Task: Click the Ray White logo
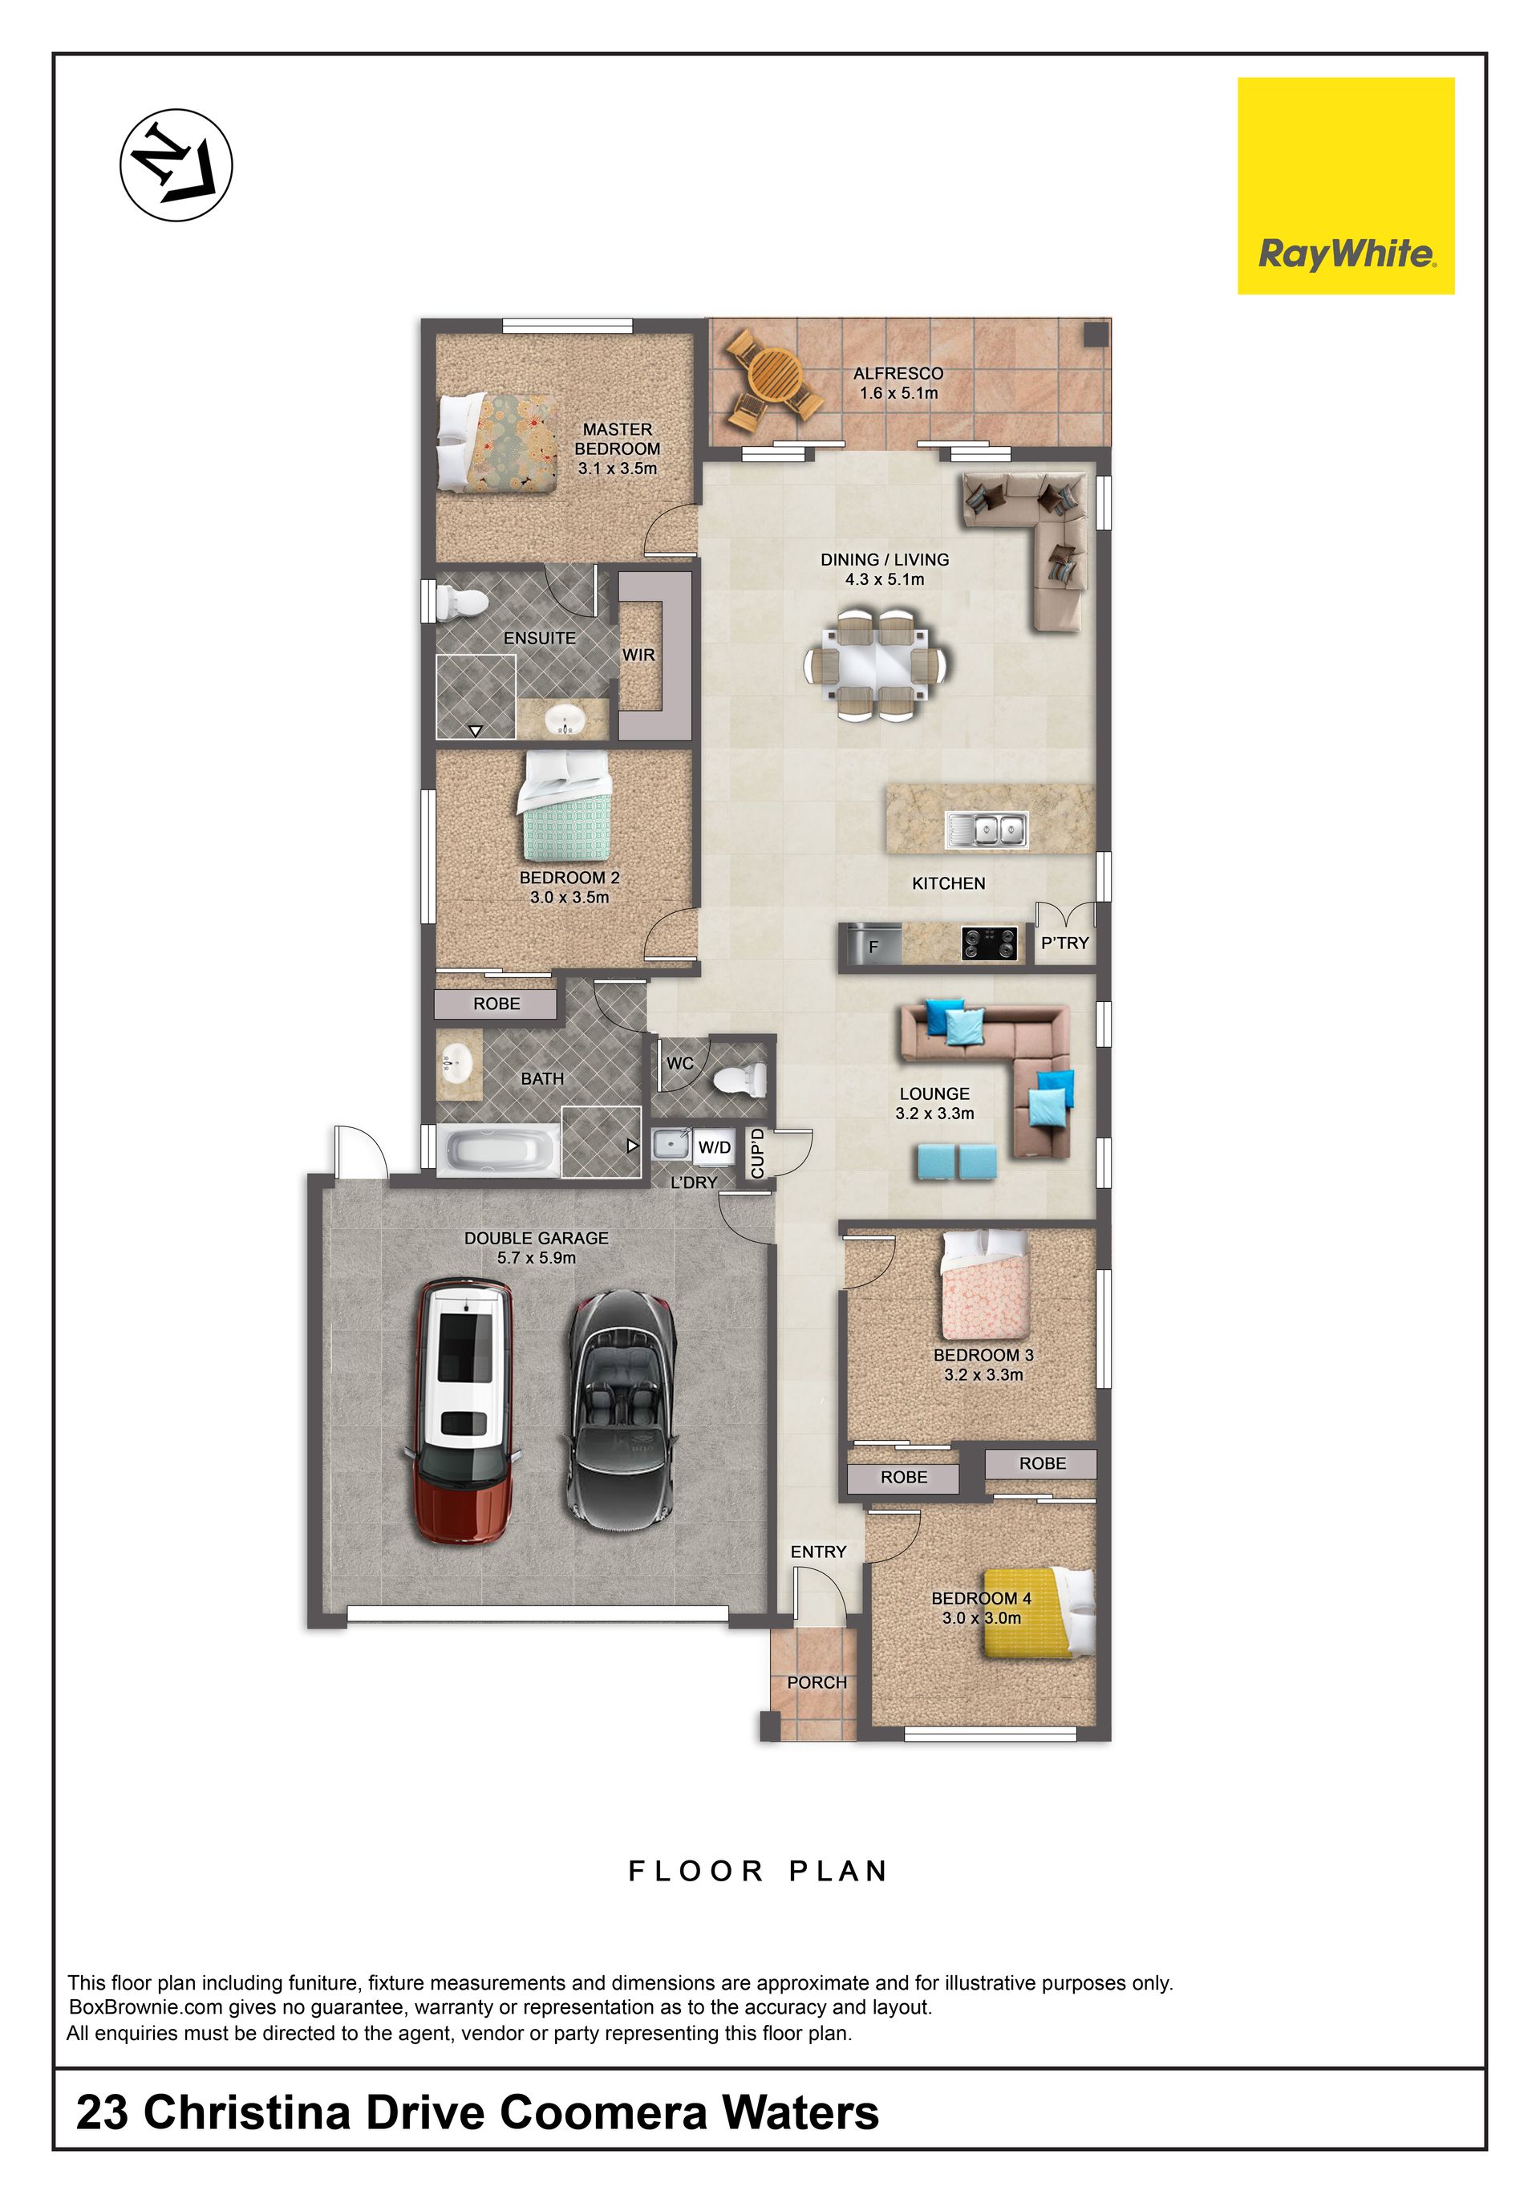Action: (1345, 185)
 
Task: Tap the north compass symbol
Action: (176, 165)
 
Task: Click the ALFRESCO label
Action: (898, 373)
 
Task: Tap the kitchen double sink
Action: (987, 829)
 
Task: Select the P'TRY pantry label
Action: (1065, 943)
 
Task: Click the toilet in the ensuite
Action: (461, 602)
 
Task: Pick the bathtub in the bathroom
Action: (499, 1149)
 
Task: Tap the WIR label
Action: (638, 655)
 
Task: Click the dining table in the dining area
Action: (877, 664)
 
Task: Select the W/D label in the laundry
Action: (714, 1146)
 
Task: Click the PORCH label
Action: (817, 1682)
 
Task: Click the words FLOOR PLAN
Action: (758, 1870)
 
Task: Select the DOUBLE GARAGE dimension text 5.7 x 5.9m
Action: (537, 1257)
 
